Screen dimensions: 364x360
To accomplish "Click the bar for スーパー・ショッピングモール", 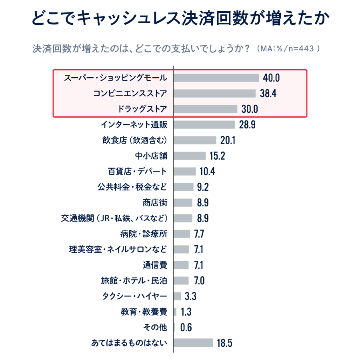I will coord(216,78).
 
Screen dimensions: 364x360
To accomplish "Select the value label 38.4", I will coord(268,94).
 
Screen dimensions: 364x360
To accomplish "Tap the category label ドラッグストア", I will coord(142,109).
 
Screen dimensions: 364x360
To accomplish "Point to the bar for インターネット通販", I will coord(204,124).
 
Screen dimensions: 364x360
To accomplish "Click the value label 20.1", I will coord(228,140).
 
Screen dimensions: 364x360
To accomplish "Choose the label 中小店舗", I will coord(152,156).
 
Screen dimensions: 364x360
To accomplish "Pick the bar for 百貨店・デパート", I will coord(185,171).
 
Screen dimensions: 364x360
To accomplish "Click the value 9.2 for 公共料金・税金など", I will coord(203,187).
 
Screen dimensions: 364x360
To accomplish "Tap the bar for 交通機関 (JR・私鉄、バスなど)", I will coord(183,218).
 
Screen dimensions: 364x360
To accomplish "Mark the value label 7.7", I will coord(199,234).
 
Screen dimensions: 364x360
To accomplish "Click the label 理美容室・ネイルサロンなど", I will coord(118,249).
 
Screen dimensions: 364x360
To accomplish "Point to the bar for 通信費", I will coord(181,265).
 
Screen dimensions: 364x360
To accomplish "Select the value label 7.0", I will coord(199,280).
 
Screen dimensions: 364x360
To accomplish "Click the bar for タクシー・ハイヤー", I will coord(177,296).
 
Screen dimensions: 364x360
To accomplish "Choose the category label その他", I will coord(155,328).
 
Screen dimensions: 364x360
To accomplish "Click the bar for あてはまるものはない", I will coord(193,343).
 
